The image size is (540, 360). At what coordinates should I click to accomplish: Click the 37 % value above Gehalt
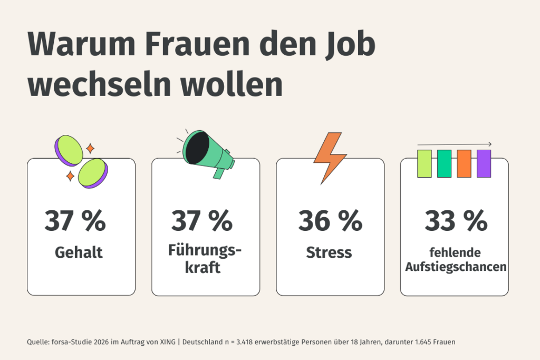(x=75, y=221)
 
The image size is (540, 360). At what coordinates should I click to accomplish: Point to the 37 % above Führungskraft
(x=201, y=221)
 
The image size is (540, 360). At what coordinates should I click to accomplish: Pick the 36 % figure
(x=330, y=221)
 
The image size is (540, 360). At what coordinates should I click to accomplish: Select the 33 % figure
(x=456, y=221)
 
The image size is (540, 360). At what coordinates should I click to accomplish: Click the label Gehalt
(x=79, y=252)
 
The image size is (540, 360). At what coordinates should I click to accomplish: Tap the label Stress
(x=329, y=252)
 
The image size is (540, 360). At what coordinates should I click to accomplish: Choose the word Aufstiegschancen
(x=456, y=267)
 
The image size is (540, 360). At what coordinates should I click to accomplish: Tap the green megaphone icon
(x=207, y=153)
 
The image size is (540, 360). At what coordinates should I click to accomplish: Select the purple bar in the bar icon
(x=484, y=163)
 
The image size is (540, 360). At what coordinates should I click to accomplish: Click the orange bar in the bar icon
(x=464, y=163)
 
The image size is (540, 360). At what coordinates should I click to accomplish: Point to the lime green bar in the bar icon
(x=425, y=163)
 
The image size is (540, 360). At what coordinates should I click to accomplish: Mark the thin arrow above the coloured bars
(x=455, y=144)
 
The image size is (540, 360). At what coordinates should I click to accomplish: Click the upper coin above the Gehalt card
(x=70, y=149)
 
